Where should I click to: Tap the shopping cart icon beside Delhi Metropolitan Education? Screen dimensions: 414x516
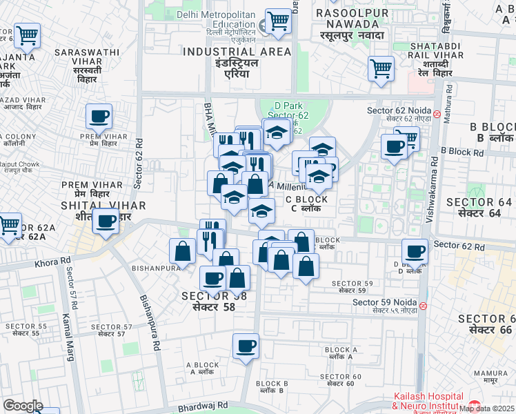point(278,20)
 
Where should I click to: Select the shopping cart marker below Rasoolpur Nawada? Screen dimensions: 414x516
point(381,68)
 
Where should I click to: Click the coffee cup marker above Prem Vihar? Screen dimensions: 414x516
point(99,115)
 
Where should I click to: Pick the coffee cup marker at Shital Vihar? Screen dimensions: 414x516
point(106,221)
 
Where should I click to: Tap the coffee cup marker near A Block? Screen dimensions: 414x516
point(245,345)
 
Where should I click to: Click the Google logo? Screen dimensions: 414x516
point(22,406)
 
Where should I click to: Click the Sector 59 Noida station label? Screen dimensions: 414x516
point(384,303)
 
